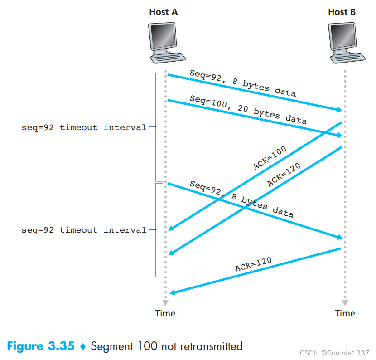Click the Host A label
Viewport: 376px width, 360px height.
(163, 12)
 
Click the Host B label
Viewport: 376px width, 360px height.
(342, 12)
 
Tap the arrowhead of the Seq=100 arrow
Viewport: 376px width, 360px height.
(339, 135)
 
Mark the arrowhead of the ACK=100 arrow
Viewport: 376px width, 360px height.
(171, 229)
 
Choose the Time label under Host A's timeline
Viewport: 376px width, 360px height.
(165, 313)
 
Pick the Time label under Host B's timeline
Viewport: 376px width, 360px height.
(345, 313)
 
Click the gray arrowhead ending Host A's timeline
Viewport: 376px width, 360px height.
(165, 302)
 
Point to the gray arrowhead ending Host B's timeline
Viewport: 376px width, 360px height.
(345, 302)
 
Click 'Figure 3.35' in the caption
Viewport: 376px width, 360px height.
(41, 346)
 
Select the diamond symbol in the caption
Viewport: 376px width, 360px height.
(82, 347)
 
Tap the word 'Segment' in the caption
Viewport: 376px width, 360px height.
(111, 347)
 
